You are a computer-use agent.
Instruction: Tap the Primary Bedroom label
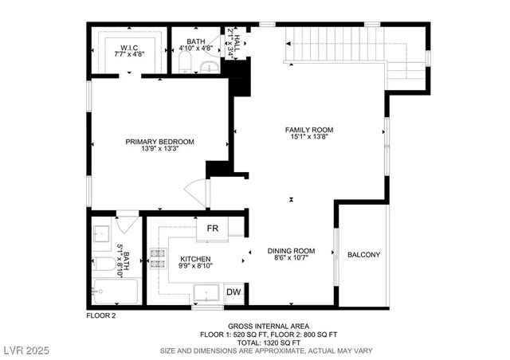pos(159,142)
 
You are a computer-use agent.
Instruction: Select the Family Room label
pos(309,130)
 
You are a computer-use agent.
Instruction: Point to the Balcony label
pos(363,255)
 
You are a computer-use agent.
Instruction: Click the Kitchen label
pos(194,260)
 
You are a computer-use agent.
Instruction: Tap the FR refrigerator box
pos(213,229)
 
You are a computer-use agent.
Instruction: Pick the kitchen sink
pos(207,292)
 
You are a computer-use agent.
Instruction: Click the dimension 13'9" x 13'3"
pos(159,149)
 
